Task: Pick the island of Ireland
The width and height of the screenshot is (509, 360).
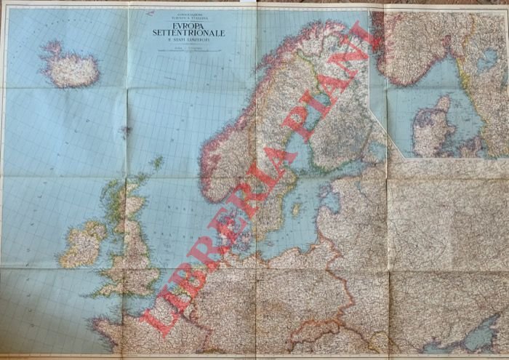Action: (x=82, y=245)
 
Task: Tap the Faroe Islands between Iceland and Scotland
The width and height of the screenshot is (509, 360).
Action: (x=125, y=132)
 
